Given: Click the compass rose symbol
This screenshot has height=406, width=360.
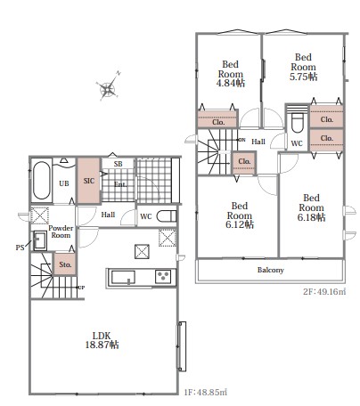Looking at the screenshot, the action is point(108,86).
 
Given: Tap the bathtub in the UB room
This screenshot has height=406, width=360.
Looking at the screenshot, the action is point(42,180).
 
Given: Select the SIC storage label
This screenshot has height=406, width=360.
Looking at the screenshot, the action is point(89,181).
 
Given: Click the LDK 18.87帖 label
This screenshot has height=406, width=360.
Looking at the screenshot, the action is point(102,340).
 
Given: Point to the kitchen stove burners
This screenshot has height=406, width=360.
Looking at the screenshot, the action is point(163,277).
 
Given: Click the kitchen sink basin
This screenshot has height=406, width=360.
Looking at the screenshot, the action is point(123,277).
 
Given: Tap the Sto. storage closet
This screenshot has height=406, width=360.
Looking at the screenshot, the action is point(65,264).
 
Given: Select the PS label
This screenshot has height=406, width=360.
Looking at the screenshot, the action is point(20,248).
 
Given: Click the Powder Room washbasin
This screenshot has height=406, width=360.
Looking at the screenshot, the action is point(39,240).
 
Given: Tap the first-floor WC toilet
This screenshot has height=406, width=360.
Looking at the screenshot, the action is point(167,216).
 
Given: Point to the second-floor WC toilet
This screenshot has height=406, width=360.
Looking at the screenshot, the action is point(297,123).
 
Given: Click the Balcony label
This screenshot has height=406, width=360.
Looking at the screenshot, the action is point(271,270).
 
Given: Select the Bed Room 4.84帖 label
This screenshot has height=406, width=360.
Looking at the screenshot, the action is point(231,74).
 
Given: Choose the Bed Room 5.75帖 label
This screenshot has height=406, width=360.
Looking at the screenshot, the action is point(303,67).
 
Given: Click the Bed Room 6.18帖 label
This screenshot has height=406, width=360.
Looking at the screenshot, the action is point(311,207).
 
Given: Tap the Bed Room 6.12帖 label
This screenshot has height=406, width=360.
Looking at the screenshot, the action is point(240,215).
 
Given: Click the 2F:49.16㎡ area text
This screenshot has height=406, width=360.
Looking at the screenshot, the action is point(324,291).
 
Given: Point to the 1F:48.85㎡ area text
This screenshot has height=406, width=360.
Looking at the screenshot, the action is point(206,393).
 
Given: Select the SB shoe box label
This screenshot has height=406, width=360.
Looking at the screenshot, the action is point(118,164).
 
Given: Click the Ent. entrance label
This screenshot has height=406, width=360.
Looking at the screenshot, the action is point(120,184).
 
